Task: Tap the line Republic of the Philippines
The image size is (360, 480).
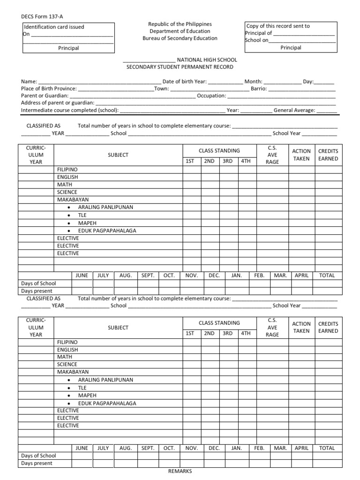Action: tap(180, 24)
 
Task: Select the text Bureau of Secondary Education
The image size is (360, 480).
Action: tap(180, 38)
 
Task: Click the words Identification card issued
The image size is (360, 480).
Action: tap(54, 27)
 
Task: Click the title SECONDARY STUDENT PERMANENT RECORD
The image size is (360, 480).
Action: tap(180, 67)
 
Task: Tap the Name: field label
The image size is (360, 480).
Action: tap(29, 82)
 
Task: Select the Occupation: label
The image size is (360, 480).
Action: tap(211, 96)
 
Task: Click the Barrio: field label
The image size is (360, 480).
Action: tap(259, 89)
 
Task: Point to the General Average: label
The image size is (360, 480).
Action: tap(294, 111)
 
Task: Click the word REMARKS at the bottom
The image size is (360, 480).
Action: tap(180, 471)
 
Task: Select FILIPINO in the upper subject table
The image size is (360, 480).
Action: tap(67, 169)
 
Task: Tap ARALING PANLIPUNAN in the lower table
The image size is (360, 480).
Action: tap(105, 380)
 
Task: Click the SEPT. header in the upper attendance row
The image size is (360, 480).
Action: tap(148, 276)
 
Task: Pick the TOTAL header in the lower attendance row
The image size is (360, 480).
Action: tap(327, 448)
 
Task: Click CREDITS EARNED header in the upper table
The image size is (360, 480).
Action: tap(328, 155)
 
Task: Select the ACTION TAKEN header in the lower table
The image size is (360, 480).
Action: tap(301, 327)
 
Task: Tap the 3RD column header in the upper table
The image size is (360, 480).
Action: tap(227, 161)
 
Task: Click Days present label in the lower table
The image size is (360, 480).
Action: tap(37, 463)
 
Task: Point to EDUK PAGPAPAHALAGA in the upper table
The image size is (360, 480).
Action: tap(107, 231)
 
